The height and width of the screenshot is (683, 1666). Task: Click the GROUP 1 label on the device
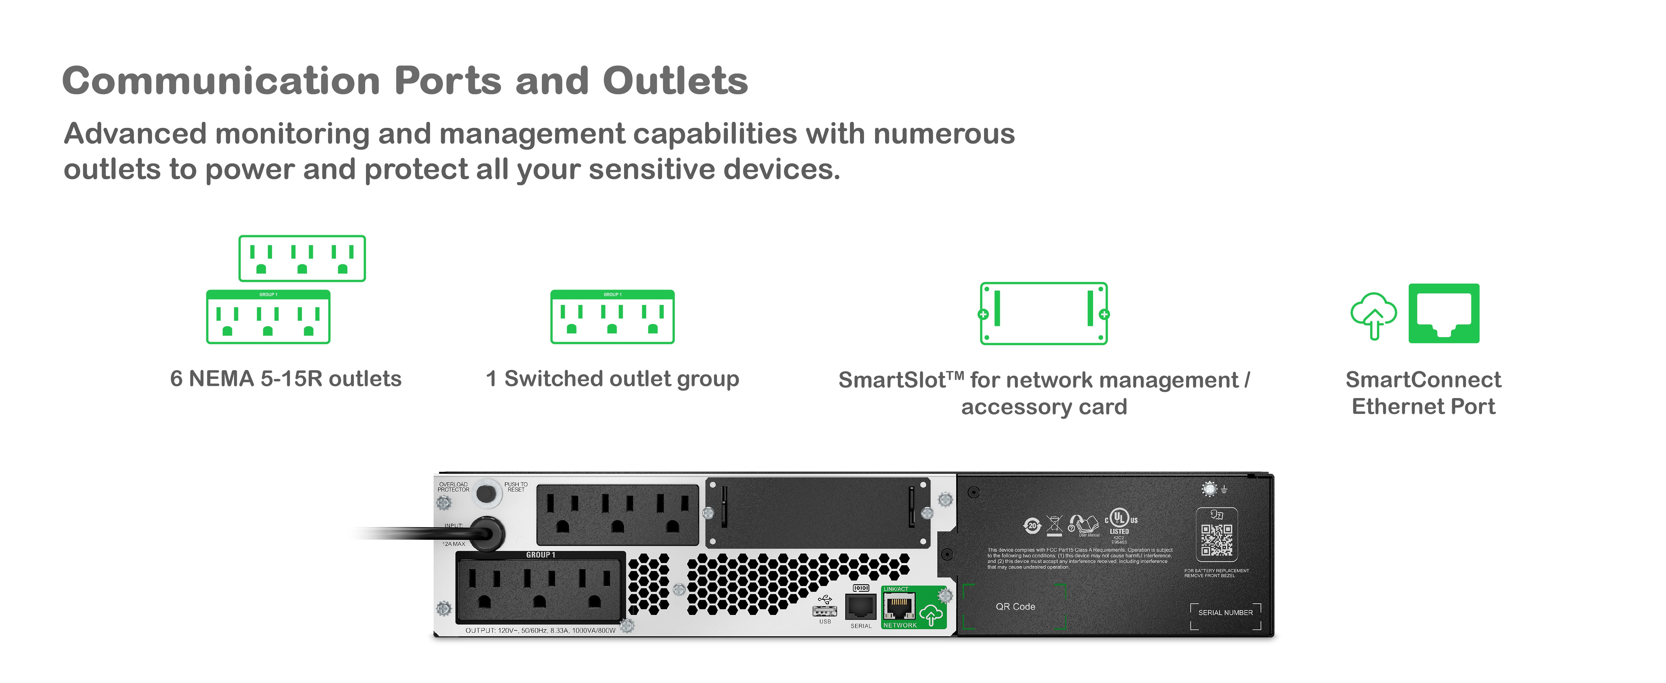pos(541,555)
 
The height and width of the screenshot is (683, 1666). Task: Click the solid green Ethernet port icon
pos(1443,313)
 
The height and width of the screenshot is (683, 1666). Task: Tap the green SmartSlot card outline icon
pos(1044,314)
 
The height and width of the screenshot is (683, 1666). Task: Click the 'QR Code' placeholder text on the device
pos(1015,607)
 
